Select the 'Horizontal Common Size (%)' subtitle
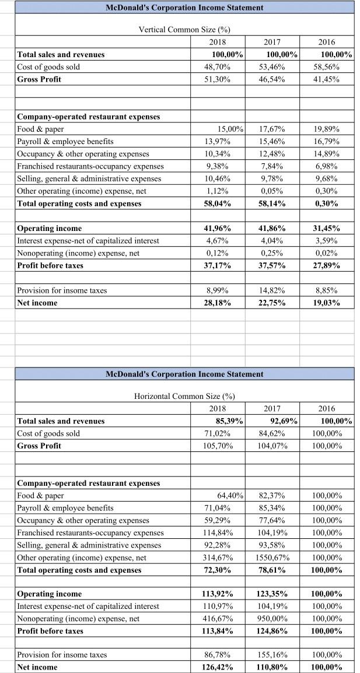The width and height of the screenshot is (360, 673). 184,396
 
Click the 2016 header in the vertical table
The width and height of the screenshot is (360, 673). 327,43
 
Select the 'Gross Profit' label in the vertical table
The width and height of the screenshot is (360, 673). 40,79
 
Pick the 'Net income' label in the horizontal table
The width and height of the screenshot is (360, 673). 37,667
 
